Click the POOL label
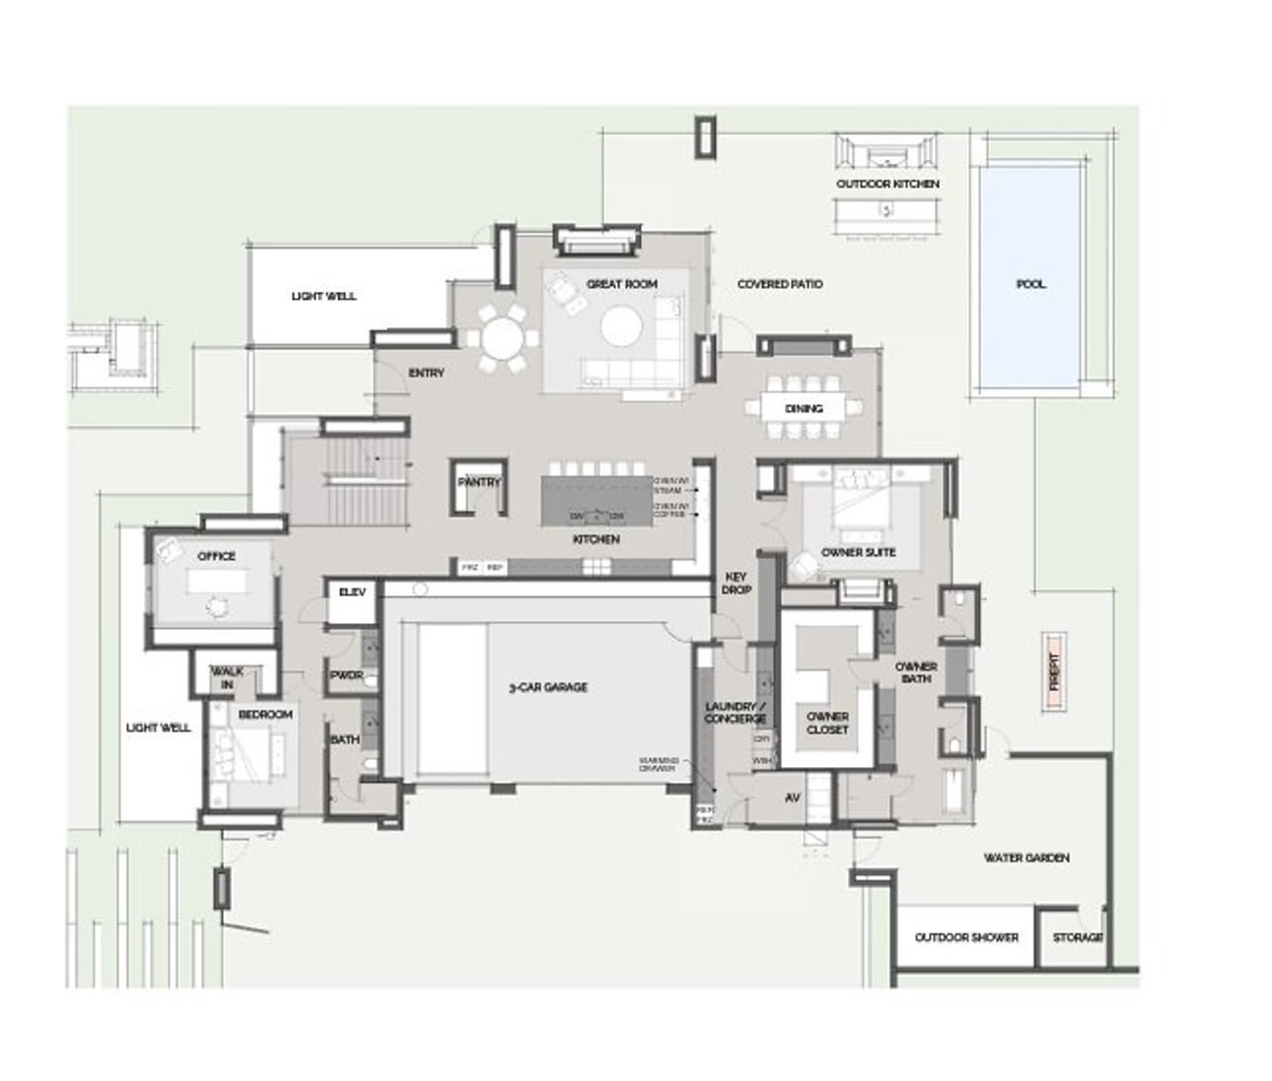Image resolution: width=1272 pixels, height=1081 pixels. (x=1031, y=284)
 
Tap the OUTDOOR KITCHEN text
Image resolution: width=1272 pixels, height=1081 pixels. (x=887, y=185)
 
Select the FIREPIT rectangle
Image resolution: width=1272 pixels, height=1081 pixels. (x=1054, y=673)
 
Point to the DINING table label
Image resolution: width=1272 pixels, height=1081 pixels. (x=804, y=408)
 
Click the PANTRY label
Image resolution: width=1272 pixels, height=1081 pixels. (x=480, y=482)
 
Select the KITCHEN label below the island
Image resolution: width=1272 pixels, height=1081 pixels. (x=596, y=540)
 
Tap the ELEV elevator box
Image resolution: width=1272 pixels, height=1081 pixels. (x=353, y=592)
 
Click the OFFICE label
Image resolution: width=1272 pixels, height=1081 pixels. (x=217, y=556)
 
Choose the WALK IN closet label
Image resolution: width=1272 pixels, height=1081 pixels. (x=228, y=678)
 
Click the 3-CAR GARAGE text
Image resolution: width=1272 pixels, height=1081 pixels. (x=548, y=688)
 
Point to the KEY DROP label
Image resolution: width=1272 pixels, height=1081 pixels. (x=736, y=583)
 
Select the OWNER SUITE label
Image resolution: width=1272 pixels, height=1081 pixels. (x=859, y=552)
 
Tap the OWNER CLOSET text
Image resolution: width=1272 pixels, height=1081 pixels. (x=828, y=722)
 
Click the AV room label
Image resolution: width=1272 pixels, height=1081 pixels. (x=793, y=798)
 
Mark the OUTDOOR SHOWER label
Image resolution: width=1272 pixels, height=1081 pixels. (x=966, y=938)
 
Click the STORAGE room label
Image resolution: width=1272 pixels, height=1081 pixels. (x=1077, y=938)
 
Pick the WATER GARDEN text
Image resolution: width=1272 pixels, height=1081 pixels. (x=1027, y=857)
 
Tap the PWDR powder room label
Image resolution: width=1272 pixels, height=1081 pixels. (x=346, y=676)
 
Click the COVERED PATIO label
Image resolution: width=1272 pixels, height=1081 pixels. (x=779, y=284)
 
